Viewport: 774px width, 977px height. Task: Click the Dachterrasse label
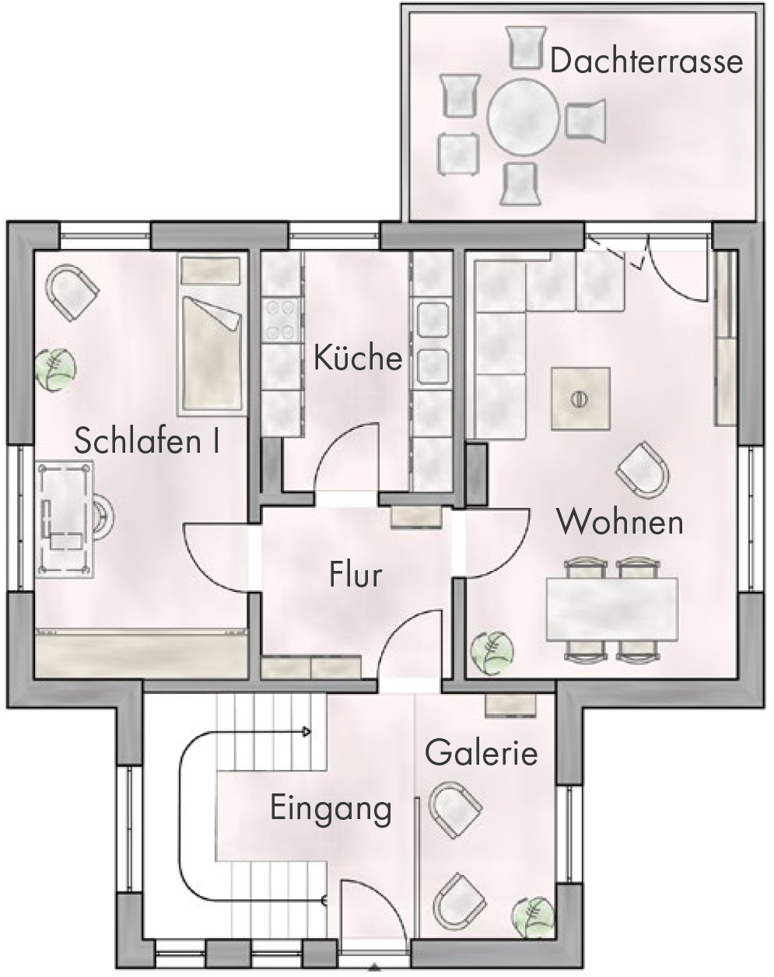(x=646, y=61)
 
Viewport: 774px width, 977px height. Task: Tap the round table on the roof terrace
(x=523, y=116)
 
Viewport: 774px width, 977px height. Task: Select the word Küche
(x=358, y=358)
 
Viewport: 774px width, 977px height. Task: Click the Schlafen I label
(x=147, y=440)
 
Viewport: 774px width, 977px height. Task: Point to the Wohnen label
(x=620, y=522)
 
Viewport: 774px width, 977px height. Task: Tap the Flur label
(x=355, y=574)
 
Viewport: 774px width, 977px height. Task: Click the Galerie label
(x=482, y=752)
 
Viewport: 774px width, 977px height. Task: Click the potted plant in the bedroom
(x=56, y=370)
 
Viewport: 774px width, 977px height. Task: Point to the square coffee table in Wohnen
(x=580, y=398)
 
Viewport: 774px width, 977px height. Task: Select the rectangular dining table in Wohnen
(x=612, y=609)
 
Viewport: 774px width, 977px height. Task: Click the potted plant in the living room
(x=492, y=653)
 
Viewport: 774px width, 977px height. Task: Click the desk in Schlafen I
(x=65, y=520)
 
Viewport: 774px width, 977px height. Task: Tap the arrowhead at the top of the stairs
(x=307, y=732)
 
